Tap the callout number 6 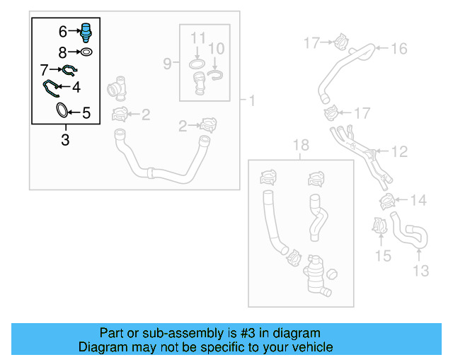pos(62,32)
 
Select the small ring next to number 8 pos(86,52)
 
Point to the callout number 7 pos(45,70)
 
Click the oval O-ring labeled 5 pos(63,111)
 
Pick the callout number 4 pos(76,88)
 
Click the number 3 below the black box pos(65,139)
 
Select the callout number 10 pos(217,48)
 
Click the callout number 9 pos(168,64)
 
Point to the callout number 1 pos(251,101)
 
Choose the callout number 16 pos(399,49)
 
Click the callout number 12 pos(399,151)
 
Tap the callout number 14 pos(418,201)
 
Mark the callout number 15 pos(383,255)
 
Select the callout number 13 pos(420,270)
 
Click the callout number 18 pos(301,146)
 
